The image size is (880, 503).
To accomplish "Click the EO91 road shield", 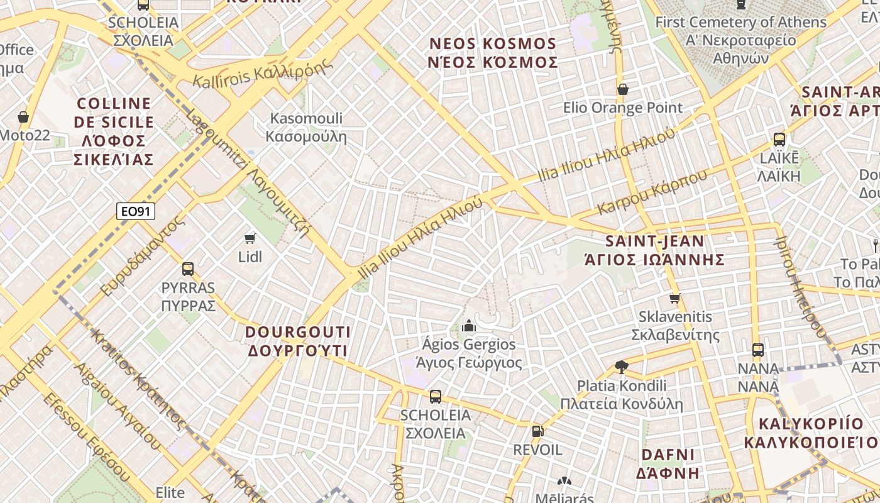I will click(136, 211).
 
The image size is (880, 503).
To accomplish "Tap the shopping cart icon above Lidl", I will click(250, 238).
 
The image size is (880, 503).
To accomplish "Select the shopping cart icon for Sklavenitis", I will click(675, 298).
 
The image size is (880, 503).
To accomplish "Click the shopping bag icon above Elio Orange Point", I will click(623, 89).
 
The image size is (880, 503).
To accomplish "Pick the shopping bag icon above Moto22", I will click(23, 117).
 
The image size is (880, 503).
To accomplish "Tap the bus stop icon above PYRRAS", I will click(187, 269).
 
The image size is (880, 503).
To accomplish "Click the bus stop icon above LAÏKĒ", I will click(779, 140).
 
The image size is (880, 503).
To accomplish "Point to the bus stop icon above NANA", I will click(758, 350).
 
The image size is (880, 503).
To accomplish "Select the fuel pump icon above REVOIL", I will click(537, 431).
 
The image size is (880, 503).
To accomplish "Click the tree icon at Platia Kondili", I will click(621, 367).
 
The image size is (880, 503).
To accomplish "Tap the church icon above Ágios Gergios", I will click(468, 326).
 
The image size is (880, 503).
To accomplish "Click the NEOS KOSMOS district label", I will click(493, 53).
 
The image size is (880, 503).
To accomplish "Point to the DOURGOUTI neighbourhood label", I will click(297, 341).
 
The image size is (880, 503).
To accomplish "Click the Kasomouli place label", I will click(306, 127).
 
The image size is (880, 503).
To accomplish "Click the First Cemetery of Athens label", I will click(740, 40).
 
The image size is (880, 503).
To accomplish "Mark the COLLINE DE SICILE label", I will click(114, 131).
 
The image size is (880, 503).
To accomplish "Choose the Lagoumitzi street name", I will click(248, 174).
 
